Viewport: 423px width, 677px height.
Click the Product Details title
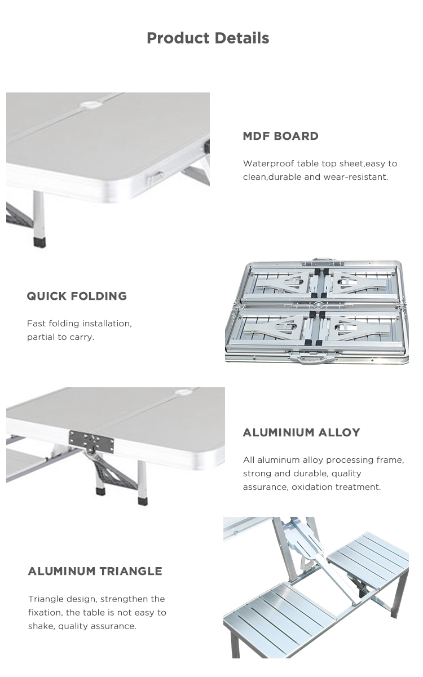(208, 38)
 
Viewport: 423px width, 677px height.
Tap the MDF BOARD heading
(280, 136)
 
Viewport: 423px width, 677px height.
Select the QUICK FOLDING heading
(77, 296)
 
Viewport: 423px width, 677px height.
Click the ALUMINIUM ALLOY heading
(301, 432)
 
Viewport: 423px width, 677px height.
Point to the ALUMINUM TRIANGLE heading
(95, 571)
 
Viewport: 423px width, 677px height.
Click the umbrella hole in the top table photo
(90, 105)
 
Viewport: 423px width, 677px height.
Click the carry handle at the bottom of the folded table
(312, 360)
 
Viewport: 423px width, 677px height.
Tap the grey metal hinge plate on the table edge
(91, 442)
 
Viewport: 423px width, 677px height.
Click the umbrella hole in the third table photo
(182, 392)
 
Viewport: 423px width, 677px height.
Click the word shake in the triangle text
(41, 626)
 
